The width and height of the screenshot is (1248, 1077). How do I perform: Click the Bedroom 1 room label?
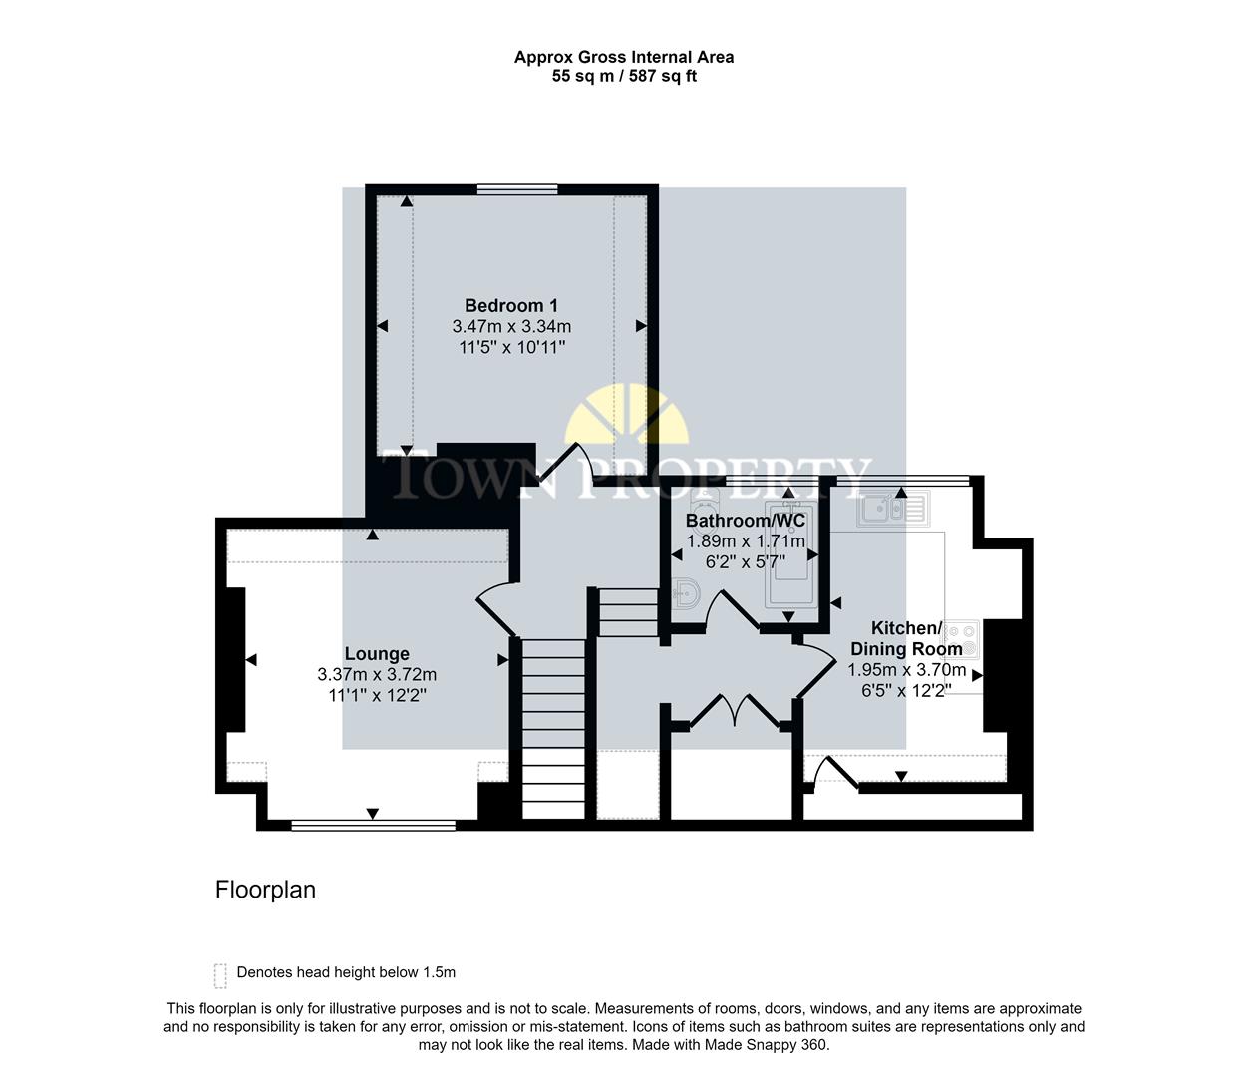pos(511,306)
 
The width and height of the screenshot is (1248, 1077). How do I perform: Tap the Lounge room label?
pos(377,654)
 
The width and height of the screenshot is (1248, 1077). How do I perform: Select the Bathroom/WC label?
pos(746,521)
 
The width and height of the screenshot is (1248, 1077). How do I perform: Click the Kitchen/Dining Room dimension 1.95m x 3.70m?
pos(906,670)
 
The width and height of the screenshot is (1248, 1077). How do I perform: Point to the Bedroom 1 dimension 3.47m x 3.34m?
pos(511,327)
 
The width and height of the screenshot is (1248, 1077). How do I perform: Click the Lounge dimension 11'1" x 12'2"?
pos(377,696)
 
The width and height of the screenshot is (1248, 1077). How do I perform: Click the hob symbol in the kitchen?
pos(962,638)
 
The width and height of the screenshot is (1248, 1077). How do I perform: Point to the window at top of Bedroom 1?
pos(516,189)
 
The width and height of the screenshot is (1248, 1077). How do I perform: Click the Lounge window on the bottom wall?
pos(374,825)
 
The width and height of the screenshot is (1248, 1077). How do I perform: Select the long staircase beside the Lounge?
pos(553,728)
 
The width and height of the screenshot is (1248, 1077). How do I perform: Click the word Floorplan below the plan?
pos(265,890)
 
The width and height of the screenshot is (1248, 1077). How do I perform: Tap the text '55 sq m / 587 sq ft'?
pos(624,76)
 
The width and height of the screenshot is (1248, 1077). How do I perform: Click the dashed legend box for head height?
pos(220,974)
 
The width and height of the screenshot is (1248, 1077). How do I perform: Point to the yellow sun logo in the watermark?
pos(626,419)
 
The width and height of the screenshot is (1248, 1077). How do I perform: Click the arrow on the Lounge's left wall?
pos(250,660)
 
